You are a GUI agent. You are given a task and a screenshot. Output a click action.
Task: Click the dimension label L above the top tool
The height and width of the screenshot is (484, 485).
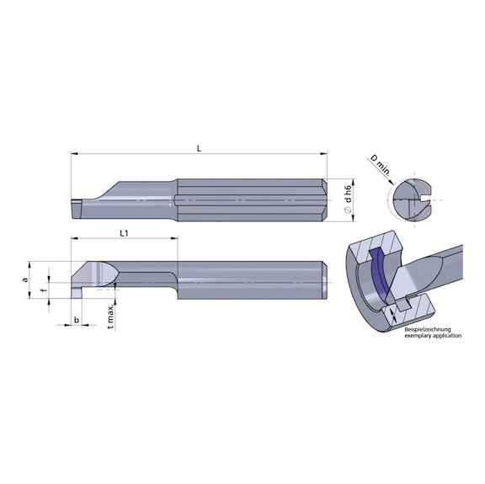point(199,148)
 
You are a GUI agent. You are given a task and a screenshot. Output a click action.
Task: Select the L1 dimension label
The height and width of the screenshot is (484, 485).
point(123,231)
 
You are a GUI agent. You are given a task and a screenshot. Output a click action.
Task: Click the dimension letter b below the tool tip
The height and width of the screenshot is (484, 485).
point(77,321)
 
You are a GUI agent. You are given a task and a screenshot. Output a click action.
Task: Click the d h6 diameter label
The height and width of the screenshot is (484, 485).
point(346,195)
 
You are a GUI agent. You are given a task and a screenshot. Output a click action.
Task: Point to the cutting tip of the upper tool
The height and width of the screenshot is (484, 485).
point(76,202)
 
